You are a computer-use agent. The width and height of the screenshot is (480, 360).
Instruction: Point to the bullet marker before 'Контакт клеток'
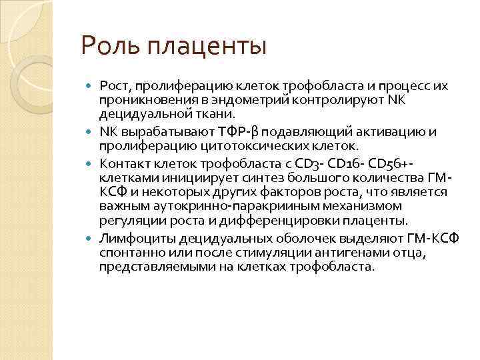(91, 163)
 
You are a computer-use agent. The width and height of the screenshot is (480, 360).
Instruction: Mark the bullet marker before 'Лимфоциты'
(91, 239)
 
